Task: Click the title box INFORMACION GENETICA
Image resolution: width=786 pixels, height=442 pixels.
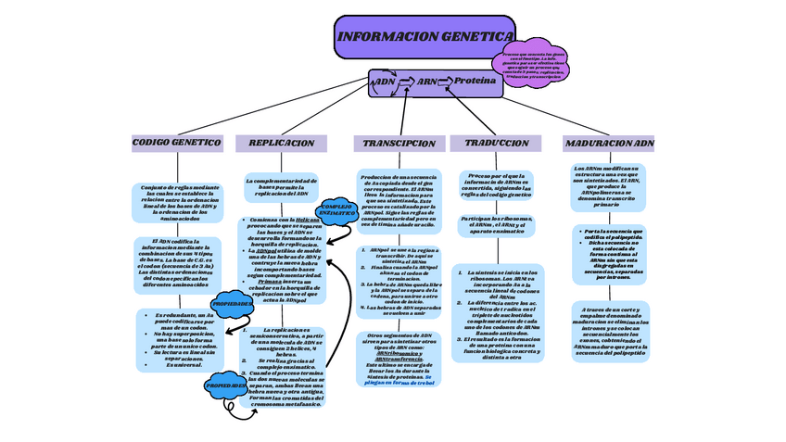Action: click(423, 37)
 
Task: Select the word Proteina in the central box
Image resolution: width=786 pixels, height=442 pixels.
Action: click(475, 82)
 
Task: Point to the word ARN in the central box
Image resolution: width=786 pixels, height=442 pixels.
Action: click(428, 82)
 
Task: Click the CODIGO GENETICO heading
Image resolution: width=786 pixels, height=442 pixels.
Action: click(176, 143)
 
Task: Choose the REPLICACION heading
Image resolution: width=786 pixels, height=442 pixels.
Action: click(282, 144)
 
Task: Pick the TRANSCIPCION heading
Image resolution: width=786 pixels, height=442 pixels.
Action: click(399, 144)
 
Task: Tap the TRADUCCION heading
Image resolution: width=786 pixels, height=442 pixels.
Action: click(497, 144)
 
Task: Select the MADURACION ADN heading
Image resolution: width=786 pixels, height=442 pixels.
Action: click(609, 144)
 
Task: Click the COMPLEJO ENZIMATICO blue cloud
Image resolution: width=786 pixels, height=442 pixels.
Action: click(338, 210)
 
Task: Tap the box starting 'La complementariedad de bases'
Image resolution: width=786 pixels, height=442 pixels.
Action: click(282, 186)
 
